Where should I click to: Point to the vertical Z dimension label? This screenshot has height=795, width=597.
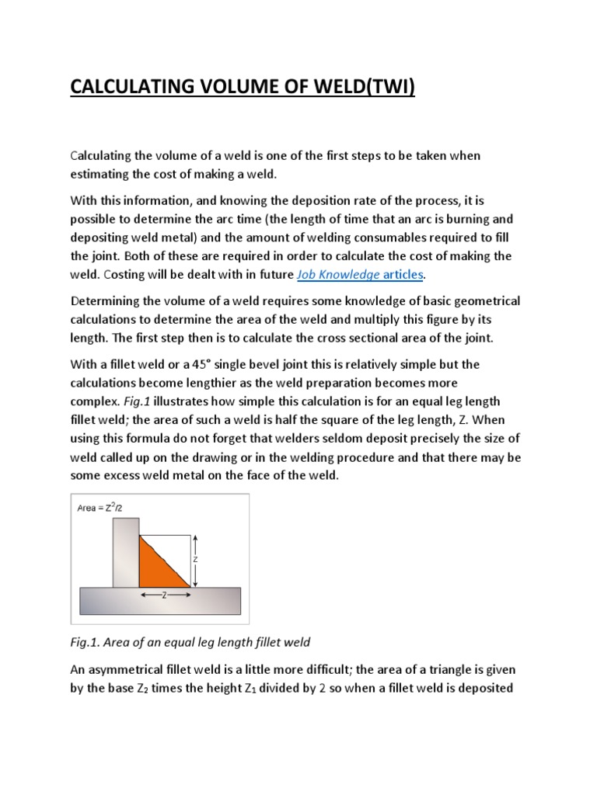tap(197, 558)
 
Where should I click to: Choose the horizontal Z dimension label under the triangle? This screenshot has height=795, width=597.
tap(165, 595)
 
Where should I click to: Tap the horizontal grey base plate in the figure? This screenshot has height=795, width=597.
tap(161, 602)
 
